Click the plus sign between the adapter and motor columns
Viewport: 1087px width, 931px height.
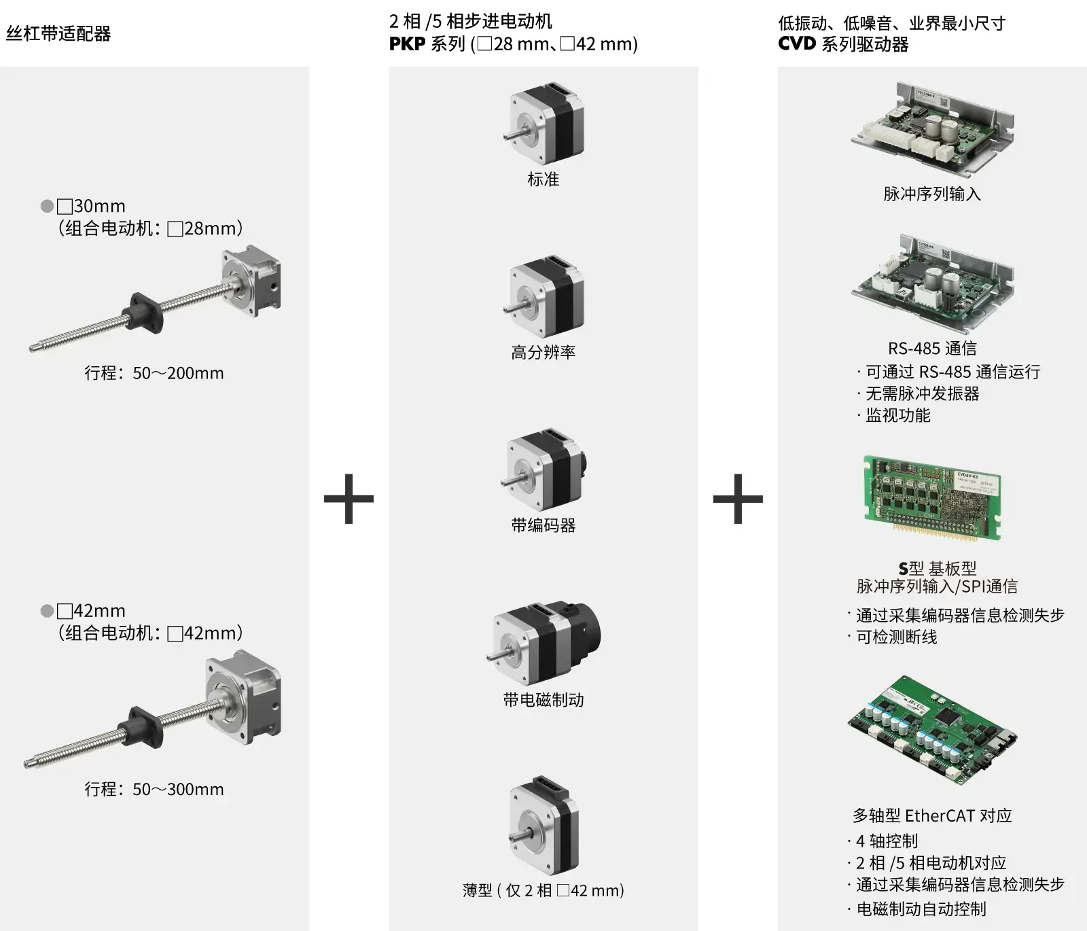coord(349,499)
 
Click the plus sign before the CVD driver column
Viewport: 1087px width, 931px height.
coord(738,499)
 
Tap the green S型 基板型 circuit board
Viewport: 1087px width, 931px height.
coord(932,498)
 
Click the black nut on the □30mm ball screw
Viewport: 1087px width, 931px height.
coord(143,311)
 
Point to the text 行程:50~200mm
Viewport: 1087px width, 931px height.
coord(154,373)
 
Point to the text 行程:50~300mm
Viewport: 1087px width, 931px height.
coord(154,789)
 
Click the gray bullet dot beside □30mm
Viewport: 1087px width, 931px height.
coord(47,206)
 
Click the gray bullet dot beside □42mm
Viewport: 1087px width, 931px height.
coord(47,611)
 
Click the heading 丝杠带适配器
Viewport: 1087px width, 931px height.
coord(58,33)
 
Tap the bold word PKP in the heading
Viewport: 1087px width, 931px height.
coord(407,44)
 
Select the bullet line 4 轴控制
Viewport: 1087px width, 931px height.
coord(887,841)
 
